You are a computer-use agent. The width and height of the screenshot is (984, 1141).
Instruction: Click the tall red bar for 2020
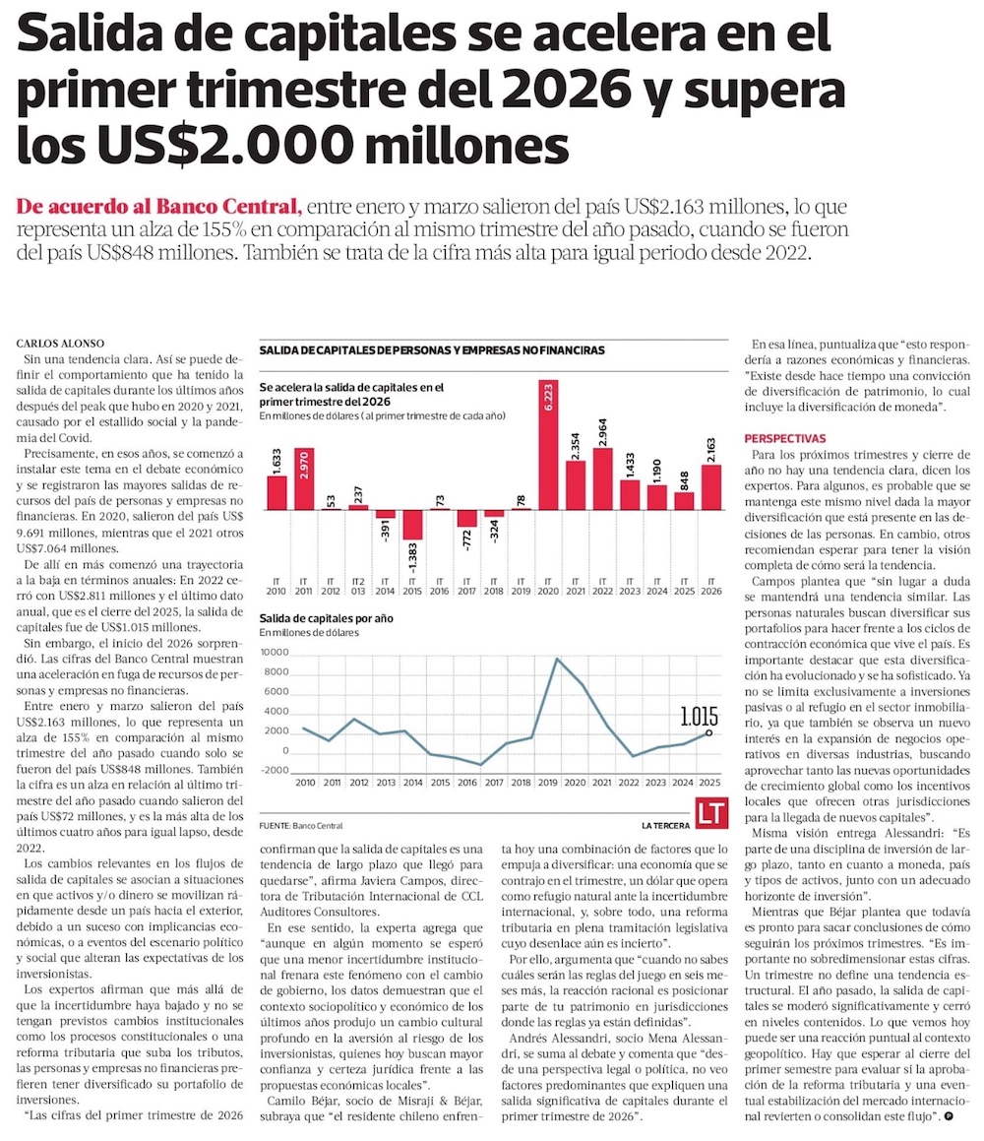548,445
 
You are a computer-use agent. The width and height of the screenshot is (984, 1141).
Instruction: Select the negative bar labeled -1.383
412,525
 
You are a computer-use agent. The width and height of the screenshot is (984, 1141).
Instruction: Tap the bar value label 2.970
303,465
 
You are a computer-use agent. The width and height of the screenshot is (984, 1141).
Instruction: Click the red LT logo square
711,813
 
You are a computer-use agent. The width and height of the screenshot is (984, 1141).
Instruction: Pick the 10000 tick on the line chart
275,652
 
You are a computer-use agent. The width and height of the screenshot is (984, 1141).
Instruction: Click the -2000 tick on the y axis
275,770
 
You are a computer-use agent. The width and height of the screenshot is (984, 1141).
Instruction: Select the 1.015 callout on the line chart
699,717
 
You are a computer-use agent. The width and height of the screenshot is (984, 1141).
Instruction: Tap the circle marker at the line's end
709,732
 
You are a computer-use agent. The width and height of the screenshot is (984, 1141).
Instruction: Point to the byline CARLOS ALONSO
60,344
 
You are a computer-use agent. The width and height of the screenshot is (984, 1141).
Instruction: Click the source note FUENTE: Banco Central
301,825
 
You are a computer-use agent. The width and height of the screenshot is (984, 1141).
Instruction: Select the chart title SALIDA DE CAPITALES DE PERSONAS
432,350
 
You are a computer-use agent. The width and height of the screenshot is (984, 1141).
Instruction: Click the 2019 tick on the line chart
548,783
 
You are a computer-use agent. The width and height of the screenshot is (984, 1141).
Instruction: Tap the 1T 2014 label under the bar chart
385,587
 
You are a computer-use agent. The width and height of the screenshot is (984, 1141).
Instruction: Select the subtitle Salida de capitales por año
327,618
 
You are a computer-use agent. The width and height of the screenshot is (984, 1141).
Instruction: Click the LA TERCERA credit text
665,825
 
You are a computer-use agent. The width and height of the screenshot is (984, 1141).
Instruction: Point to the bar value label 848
684,481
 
